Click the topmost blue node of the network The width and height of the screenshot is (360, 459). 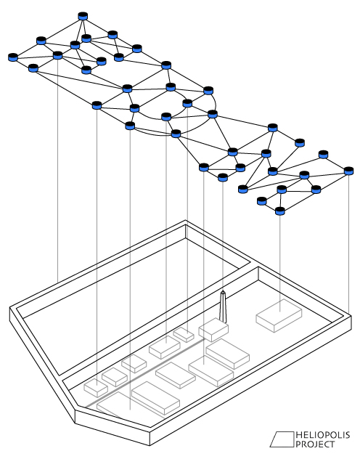tap(83, 16)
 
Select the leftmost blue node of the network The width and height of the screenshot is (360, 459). tap(13, 57)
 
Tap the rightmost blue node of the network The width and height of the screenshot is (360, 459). tap(348, 171)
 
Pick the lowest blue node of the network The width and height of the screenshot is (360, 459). tap(280, 211)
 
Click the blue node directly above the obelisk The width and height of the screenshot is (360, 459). tap(223, 177)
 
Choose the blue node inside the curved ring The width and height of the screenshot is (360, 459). tap(187, 103)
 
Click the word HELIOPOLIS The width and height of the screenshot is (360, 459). tap(323, 435)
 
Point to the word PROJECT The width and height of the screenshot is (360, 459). tap(315, 444)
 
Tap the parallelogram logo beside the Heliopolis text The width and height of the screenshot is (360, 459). tap(282, 439)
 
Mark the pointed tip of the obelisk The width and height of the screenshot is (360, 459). tap(223, 291)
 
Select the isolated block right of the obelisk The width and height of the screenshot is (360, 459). tap(279, 315)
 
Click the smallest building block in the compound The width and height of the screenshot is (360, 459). tap(184, 335)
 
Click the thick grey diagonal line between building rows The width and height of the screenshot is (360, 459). tap(144, 373)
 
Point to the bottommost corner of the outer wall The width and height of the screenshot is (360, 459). tap(150, 445)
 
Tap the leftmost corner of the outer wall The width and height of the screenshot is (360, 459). tap(10, 308)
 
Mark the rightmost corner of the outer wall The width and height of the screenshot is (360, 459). tap(351, 315)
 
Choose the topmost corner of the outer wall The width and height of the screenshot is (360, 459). tap(185, 220)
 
